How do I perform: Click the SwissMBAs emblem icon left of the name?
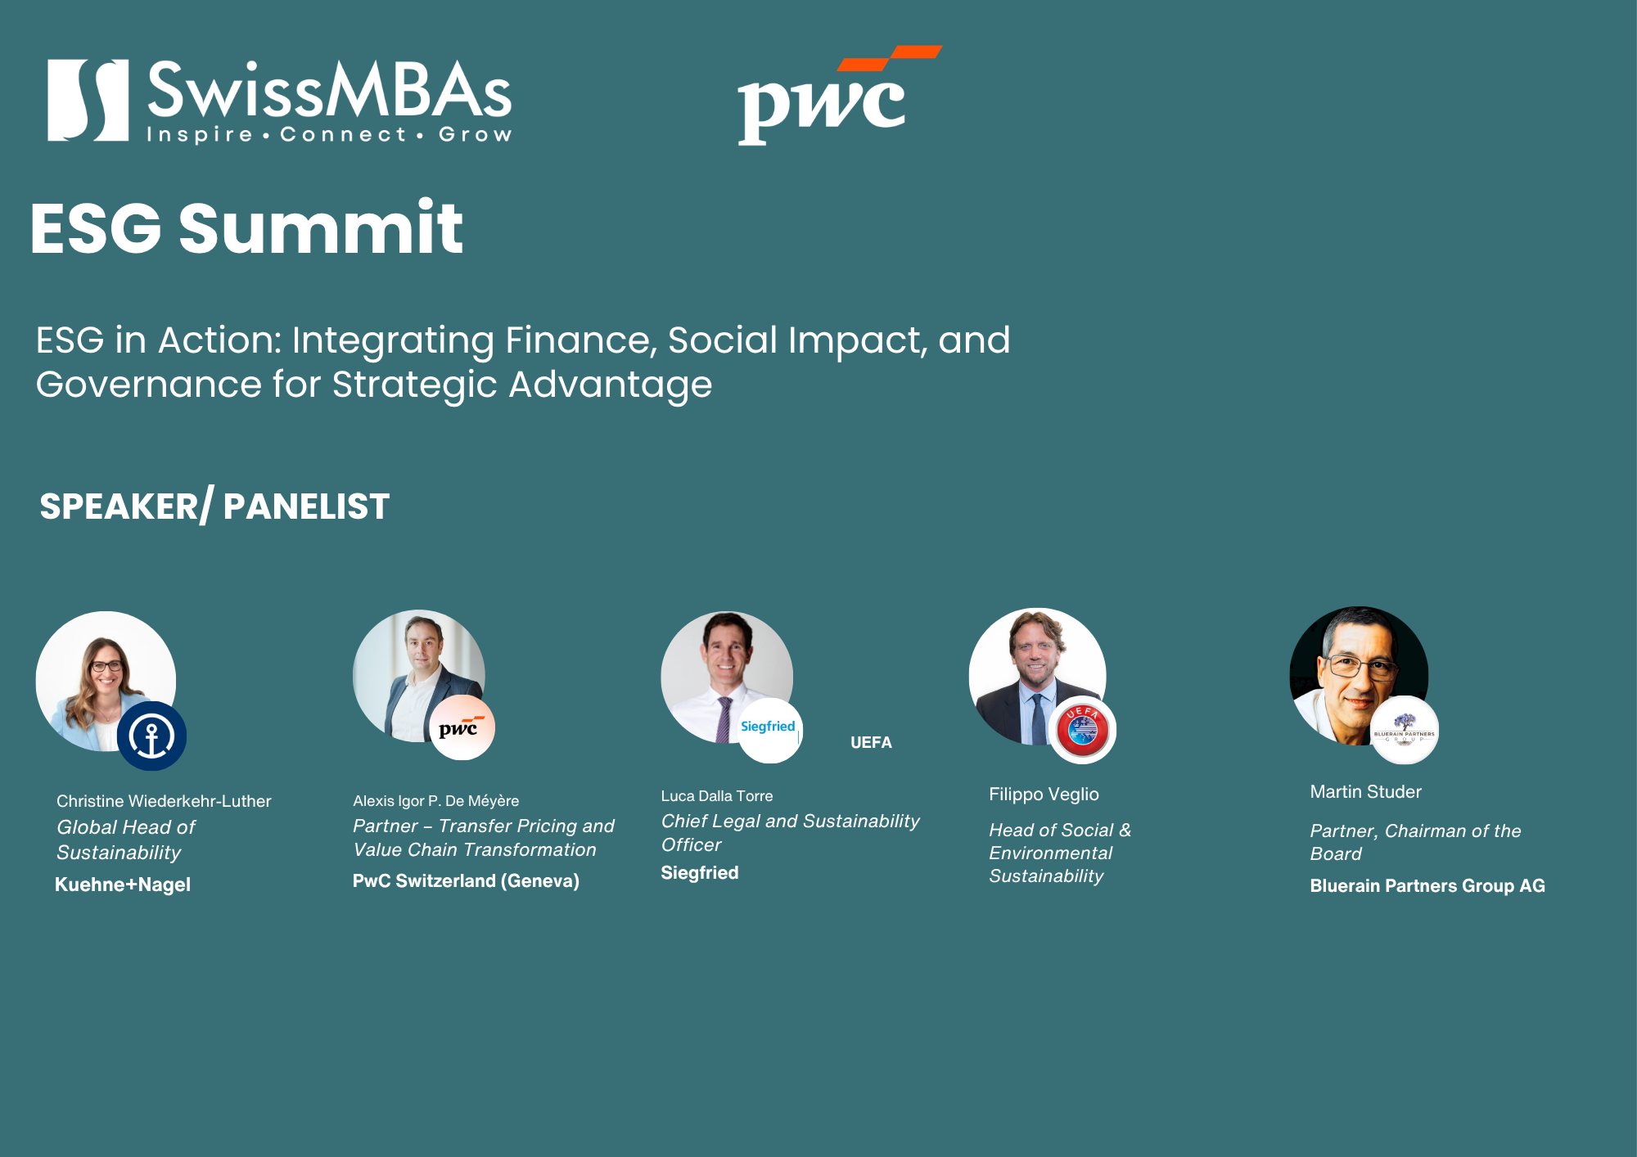pos(88,100)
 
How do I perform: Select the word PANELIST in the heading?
pos(306,506)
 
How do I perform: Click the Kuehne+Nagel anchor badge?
pos(151,736)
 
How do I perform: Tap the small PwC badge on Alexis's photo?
pos(462,727)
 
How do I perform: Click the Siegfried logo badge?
pos(769,730)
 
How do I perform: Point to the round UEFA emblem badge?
pos(1082,730)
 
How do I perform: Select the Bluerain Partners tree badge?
pos(1405,730)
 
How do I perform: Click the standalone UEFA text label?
pos(871,742)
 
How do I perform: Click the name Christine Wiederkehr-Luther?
pos(164,801)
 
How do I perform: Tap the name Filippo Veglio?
pos(1044,794)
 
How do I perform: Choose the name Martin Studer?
pos(1365,791)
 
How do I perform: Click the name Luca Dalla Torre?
pos(717,795)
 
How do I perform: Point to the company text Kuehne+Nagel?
pos(123,885)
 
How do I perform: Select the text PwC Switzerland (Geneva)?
pos(466,880)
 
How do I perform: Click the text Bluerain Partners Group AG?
pos(1427,885)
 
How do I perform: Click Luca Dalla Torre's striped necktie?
pos(724,719)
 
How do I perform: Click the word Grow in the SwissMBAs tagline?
pos(476,134)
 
